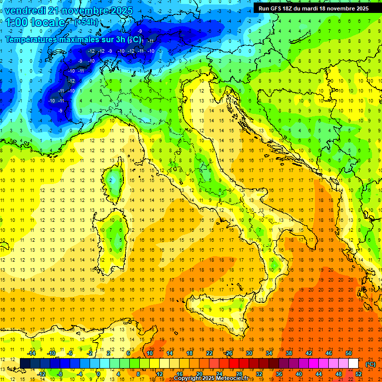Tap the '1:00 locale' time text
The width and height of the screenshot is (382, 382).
point(35,22)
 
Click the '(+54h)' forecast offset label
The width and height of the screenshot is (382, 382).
point(86,22)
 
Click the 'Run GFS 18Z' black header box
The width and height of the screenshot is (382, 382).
point(313,8)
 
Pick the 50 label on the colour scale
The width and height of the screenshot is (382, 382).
point(349,353)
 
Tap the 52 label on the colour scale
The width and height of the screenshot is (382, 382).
point(359,374)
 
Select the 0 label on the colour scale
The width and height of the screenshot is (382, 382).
point(98,374)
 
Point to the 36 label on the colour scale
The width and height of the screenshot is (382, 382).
point(279,374)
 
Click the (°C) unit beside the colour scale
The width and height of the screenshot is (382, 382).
point(371,364)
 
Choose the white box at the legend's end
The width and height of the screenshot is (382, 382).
point(354,364)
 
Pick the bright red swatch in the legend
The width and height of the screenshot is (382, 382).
point(234,364)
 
